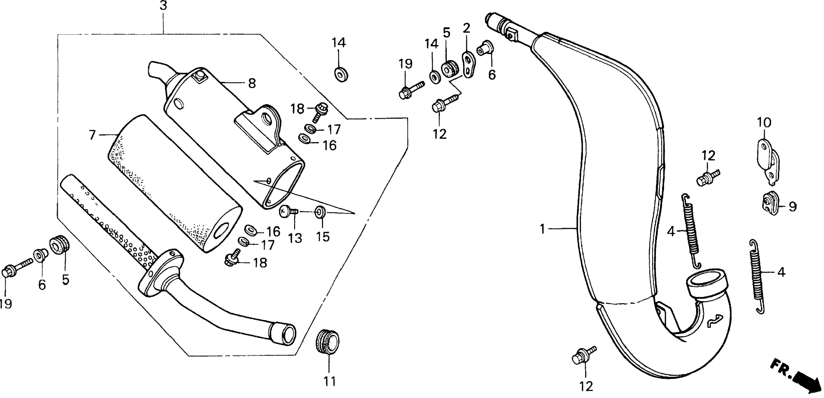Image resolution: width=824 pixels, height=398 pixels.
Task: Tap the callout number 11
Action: (330, 381)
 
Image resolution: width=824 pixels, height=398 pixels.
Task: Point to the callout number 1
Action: (542, 229)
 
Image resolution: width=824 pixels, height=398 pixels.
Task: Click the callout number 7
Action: (92, 135)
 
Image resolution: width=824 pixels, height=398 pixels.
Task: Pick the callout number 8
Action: (252, 84)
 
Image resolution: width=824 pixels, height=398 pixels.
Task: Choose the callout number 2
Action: (467, 28)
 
